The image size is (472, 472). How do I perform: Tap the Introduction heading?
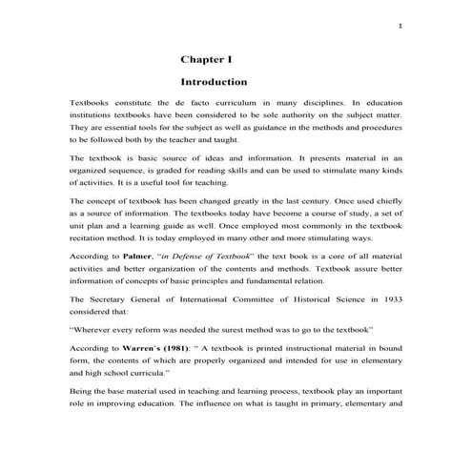tap(214, 82)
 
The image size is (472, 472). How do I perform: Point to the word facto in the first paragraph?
tap(209, 101)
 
